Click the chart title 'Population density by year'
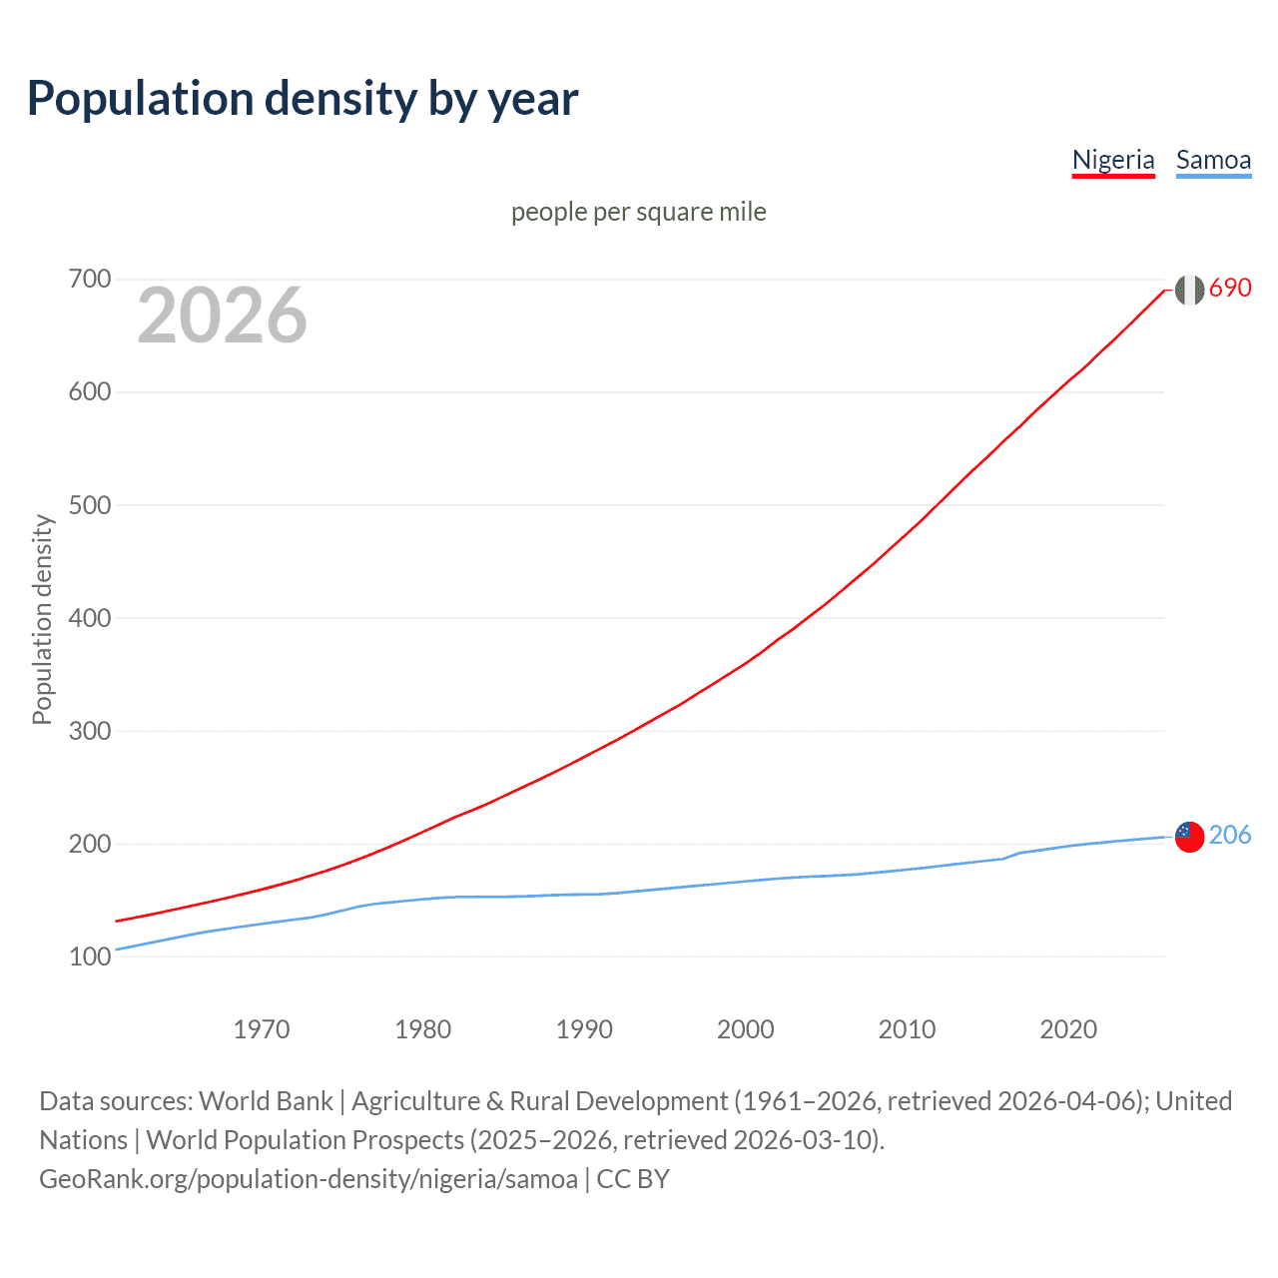[x=303, y=99]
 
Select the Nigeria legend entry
[x=1113, y=160]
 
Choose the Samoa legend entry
[x=1213, y=160]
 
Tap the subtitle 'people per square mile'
[x=638, y=212]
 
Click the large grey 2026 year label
[x=222, y=316]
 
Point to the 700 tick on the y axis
[x=89, y=279]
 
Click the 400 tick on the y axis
[x=89, y=618]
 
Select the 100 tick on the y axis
[x=89, y=957]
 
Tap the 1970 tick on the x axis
[x=262, y=1029]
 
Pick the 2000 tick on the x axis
[x=746, y=1029]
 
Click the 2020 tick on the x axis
[x=1068, y=1029]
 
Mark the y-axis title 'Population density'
[x=42, y=619]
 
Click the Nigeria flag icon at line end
[x=1189, y=290]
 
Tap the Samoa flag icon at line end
[x=1189, y=837]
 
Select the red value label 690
[x=1230, y=288]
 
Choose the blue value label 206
[x=1230, y=835]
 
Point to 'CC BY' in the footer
[x=633, y=1179]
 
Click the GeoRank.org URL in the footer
[x=309, y=1179]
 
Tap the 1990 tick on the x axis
[x=584, y=1029]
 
